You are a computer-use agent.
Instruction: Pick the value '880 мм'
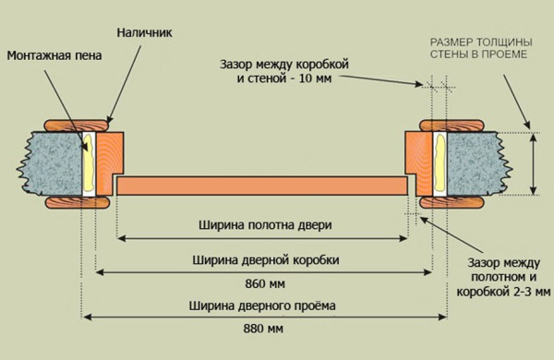264,329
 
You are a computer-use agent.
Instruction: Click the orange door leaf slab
264,185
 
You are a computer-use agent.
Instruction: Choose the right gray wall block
472,162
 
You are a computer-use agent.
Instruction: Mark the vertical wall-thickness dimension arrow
534,162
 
